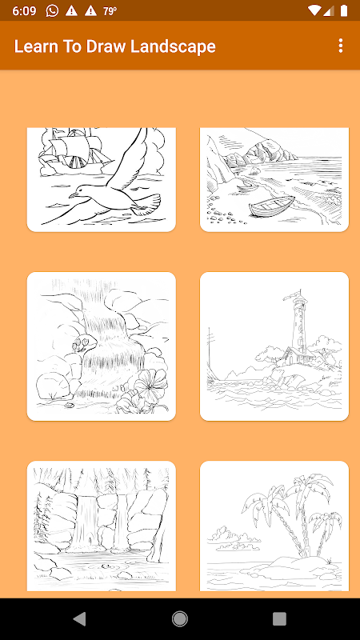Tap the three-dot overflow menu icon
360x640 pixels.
341,46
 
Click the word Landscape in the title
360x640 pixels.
173,46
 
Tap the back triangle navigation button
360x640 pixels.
79,618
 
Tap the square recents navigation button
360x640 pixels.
279,618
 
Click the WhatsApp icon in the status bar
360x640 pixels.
52,10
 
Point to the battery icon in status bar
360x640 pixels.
344,10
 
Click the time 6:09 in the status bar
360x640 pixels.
24,11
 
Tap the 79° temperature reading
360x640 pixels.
110,11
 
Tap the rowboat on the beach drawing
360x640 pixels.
271,206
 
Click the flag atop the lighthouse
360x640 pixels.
290,294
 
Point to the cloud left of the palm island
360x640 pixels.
233,538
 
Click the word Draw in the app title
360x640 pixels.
106,46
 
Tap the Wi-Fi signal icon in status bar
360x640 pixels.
314,10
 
